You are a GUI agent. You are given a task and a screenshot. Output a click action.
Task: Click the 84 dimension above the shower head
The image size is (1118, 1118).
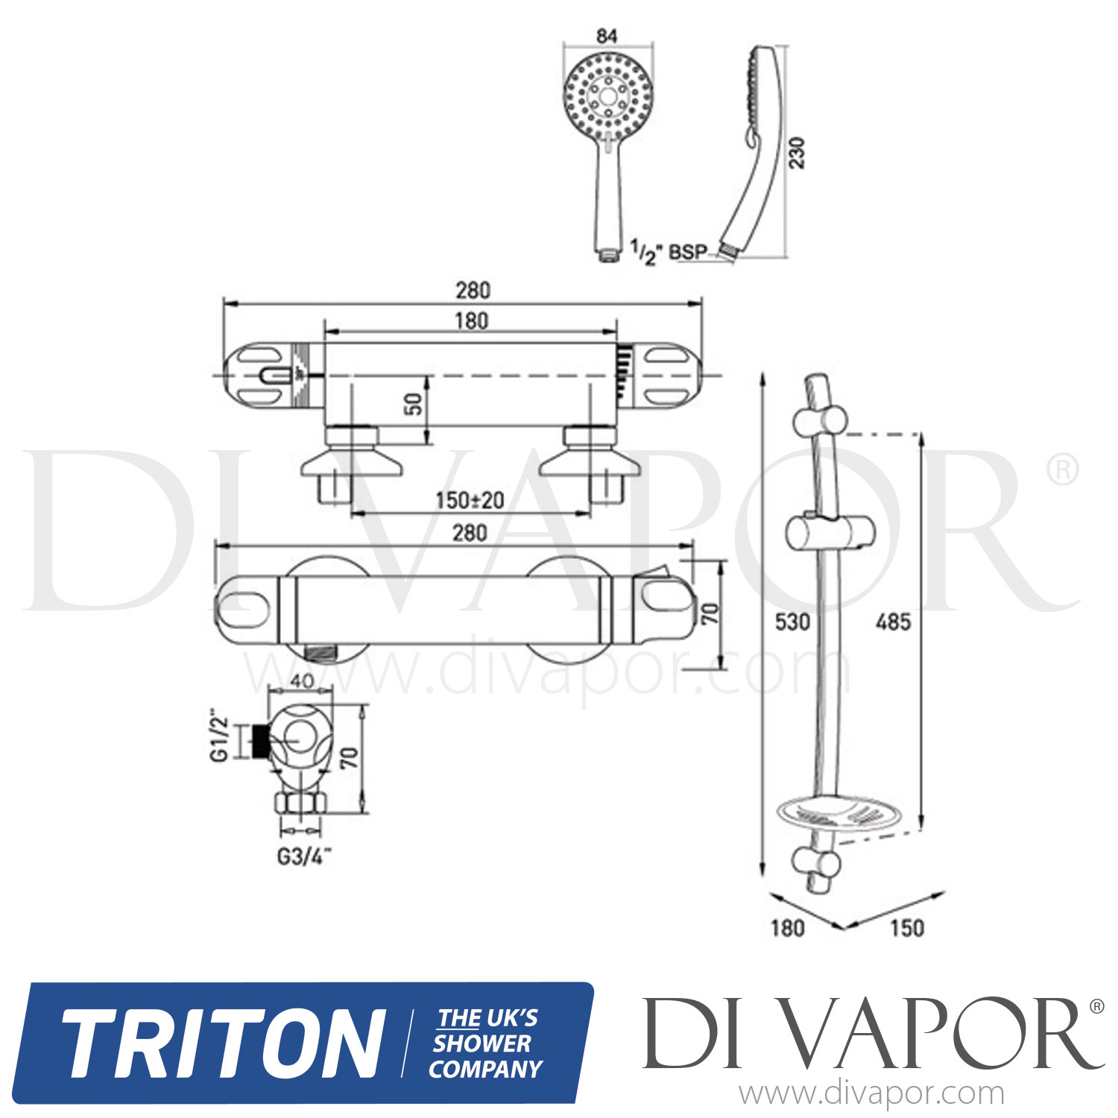607,36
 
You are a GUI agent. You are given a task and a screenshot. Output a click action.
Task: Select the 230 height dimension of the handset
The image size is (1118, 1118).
798,153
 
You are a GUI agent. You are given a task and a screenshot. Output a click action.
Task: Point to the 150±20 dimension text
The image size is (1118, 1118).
470,500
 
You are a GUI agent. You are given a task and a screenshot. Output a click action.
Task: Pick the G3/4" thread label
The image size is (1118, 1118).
303,857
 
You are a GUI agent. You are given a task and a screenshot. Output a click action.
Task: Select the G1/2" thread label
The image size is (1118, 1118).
219,739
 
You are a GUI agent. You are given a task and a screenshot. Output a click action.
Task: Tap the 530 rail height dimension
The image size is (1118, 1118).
792,621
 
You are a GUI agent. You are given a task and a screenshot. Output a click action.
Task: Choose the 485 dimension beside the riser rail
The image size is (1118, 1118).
892,621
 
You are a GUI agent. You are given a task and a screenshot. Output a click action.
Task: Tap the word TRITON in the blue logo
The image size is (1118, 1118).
222,1043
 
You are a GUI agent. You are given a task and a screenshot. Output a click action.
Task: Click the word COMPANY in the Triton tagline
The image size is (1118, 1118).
485,1070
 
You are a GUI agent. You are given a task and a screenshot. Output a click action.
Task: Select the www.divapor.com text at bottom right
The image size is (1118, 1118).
871,1094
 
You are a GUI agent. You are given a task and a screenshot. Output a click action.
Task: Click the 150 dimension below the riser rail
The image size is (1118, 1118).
906,928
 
